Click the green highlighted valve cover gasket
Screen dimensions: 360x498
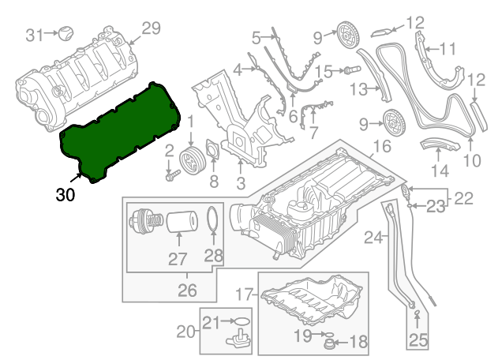[x=118, y=130]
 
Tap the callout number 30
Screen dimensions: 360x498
[x=66, y=195]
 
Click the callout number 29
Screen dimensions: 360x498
[x=151, y=28]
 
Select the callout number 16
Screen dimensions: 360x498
[x=382, y=147]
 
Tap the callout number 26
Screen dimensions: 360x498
[x=186, y=291]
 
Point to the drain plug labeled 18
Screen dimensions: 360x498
[x=332, y=343]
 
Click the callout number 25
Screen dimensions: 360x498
[x=417, y=340]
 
